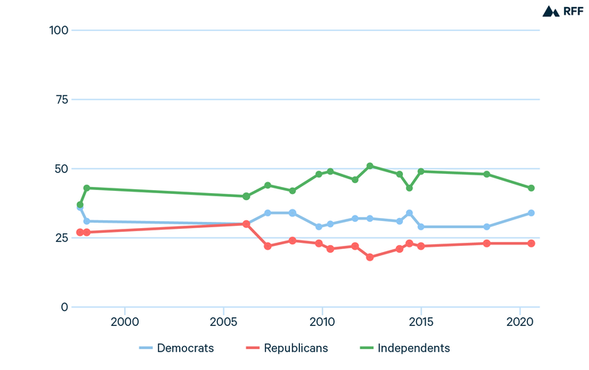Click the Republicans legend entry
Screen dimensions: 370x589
click(x=287, y=348)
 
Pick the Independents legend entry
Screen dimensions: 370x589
click(x=404, y=348)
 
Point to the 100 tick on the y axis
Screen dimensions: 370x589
click(x=59, y=30)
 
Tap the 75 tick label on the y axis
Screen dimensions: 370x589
click(x=62, y=100)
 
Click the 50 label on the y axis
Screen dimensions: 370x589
click(x=62, y=169)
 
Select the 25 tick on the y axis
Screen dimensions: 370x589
click(x=62, y=238)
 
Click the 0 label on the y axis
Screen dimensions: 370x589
click(x=65, y=307)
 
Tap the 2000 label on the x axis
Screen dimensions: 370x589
click(x=125, y=322)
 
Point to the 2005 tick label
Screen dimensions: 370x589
click(x=223, y=322)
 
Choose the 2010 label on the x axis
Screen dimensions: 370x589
click(x=322, y=322)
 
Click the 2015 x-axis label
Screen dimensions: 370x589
click(x=421, y=322)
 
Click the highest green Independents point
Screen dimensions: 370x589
click(x=370, y=166)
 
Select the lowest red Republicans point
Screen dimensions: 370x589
click(x=370, y=258)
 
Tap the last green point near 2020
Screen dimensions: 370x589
click(x=532, y=188)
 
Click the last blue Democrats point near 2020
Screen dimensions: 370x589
click(x=532, y=213)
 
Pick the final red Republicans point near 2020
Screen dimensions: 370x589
click(x=532, y=244)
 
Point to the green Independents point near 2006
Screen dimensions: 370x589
click(x=246, y=196)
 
